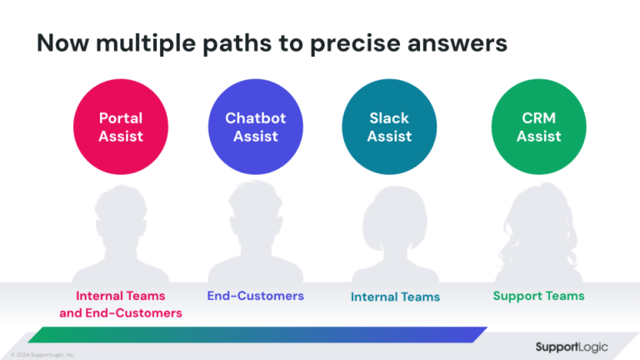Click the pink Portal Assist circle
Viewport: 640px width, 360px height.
[121, 127]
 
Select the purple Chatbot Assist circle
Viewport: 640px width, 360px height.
[255, 127]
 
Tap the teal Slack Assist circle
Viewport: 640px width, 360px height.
[389, 127]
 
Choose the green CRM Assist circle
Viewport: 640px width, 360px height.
[538, 127]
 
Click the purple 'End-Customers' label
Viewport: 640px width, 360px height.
[255, 296]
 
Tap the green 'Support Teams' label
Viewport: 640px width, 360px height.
[538, 296]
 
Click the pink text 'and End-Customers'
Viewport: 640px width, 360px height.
[121, 313]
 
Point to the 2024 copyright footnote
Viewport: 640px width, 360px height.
[42, 354]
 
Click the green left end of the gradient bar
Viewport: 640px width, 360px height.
[42, 335]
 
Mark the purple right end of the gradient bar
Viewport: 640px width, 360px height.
[475, 334]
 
